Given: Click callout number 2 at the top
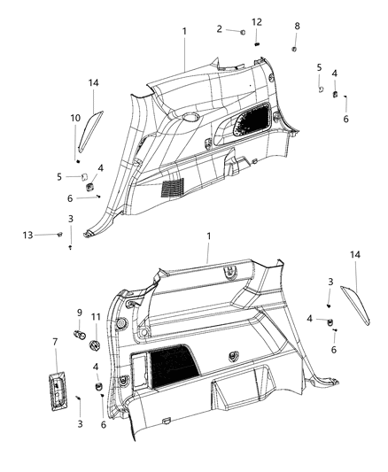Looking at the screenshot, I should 219,29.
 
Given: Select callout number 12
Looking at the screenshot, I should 257,21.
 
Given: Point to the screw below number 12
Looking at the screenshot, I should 256,41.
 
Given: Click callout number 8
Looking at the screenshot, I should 297,27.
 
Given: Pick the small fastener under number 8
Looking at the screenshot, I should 293,48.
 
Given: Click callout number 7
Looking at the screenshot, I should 56,342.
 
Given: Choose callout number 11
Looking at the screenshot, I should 95,316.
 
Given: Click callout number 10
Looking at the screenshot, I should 76,118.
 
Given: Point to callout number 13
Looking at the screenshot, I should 27,235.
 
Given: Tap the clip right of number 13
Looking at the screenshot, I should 58,235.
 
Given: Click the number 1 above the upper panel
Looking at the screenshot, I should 184,31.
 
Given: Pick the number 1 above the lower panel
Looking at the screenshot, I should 208,237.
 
